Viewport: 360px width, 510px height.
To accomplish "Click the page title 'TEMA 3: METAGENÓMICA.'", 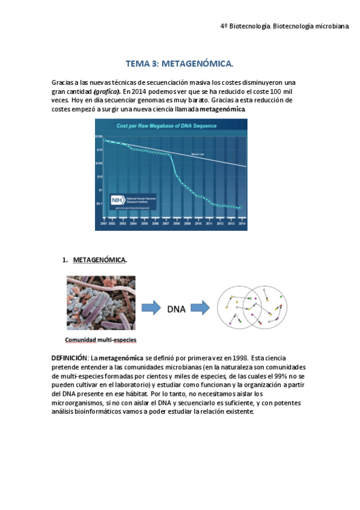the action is point(179,63).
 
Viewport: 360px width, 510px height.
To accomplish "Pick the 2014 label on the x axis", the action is point(242,223).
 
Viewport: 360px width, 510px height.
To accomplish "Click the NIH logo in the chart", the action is point(117,200).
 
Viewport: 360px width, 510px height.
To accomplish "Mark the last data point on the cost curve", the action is point(240,208).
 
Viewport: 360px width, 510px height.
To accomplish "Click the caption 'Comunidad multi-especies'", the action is point(100,339).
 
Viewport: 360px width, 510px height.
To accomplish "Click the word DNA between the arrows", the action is point(176,309).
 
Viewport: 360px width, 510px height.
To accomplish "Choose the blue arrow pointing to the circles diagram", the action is point(201,308).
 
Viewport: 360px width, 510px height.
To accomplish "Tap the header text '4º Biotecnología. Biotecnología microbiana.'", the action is point(284,26).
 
